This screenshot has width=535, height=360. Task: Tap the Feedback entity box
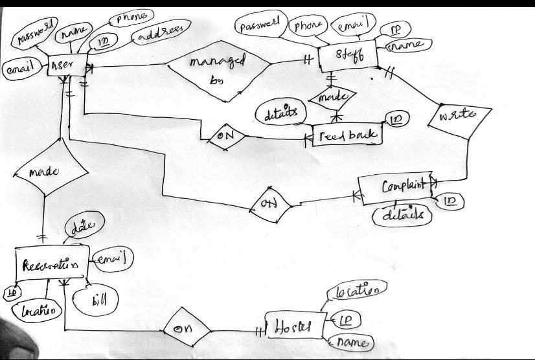[347, 135]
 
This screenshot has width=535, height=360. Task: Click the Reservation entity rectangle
[50, 265]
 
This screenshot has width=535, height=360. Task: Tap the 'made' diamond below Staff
[332, 98]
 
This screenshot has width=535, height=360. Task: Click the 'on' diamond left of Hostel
[187, 328]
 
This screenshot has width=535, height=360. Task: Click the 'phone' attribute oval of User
[132, 17]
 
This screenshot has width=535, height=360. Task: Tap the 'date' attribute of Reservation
[82, 227]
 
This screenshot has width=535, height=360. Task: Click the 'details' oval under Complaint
[402, 215]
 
